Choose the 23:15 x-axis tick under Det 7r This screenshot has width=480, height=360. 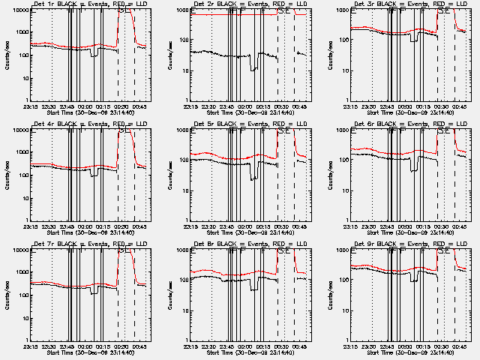pos(30,346)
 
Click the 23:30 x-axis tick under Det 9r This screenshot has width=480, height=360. pos(373,346)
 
